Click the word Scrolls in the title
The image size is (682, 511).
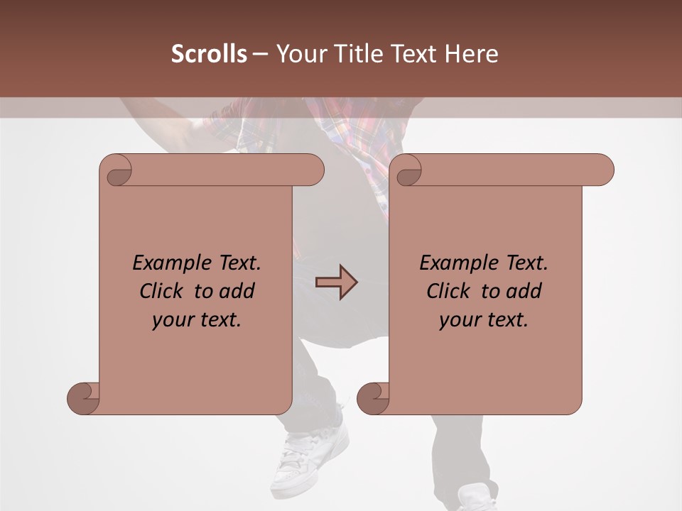click(209, 54)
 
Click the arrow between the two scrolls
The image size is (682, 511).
click(336, 282)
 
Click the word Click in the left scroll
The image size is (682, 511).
click(162, 291)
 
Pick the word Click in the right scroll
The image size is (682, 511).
click(449, 291)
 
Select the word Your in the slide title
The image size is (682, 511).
click(294, 54)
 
